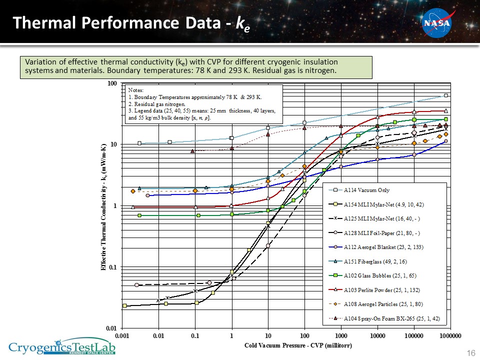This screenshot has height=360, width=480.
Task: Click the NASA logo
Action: (437, 23)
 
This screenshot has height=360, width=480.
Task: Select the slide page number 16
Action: (470, 353)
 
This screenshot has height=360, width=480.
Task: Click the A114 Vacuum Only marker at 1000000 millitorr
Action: (445, 95)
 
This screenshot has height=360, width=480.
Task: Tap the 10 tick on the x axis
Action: (268, 335)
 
